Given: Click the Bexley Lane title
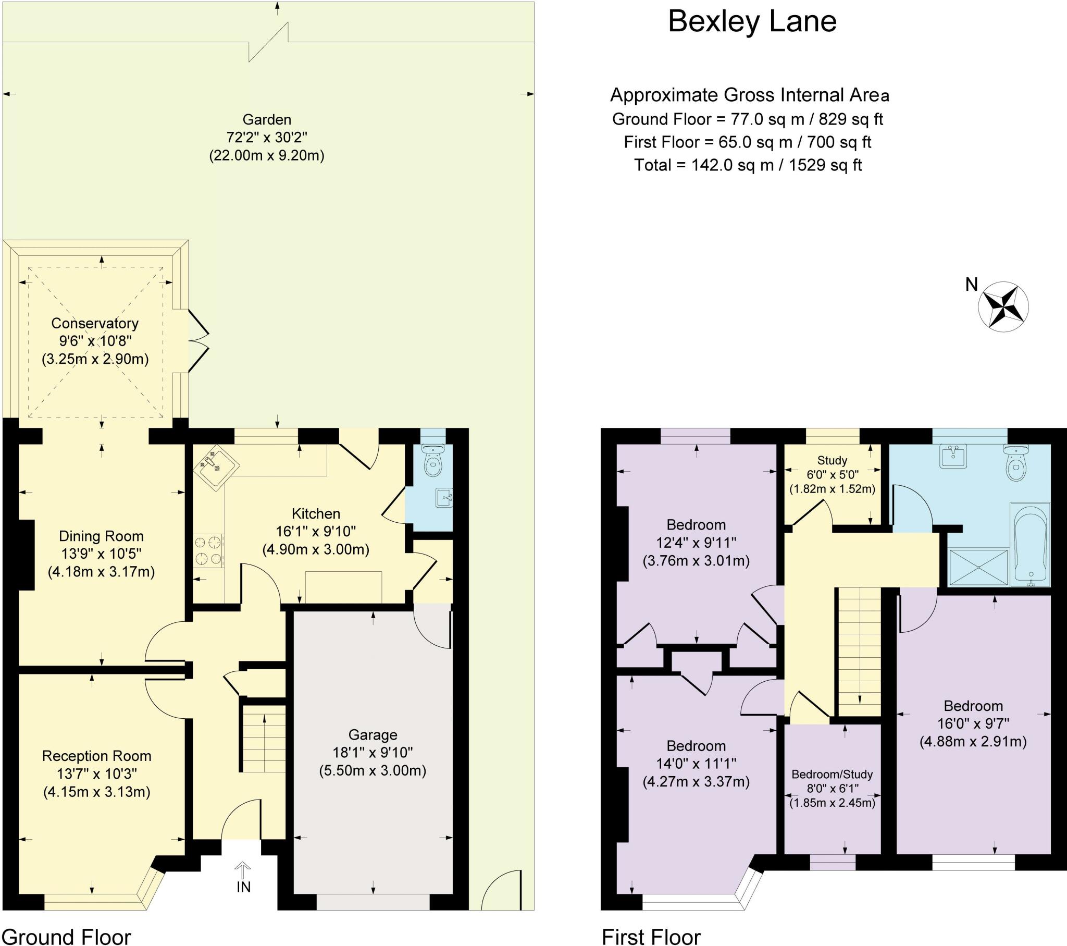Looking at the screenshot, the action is pos(752,22).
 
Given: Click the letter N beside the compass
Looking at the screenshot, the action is pos(972,285).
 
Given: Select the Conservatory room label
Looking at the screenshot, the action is pos(95,323).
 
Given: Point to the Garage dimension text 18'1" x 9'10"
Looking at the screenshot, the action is pos(373,753).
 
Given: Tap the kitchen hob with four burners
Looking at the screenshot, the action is pos(209,551).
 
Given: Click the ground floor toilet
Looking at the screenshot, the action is pos(432,460).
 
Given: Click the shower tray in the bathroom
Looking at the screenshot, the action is pos(978,567).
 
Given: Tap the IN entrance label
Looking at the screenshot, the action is pos(243,887).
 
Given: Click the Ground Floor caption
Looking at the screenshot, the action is pos(66,936).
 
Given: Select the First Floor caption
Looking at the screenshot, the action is pos(651,936).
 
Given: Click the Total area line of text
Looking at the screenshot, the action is pos(748,166).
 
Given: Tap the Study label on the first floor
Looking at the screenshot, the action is pos(832,460).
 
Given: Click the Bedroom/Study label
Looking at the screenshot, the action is pos(832,774).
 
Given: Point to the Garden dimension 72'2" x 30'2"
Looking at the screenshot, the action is pos(267,138).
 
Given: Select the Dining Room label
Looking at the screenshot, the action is pos(101,536).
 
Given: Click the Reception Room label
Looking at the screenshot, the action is pos(96,756).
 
